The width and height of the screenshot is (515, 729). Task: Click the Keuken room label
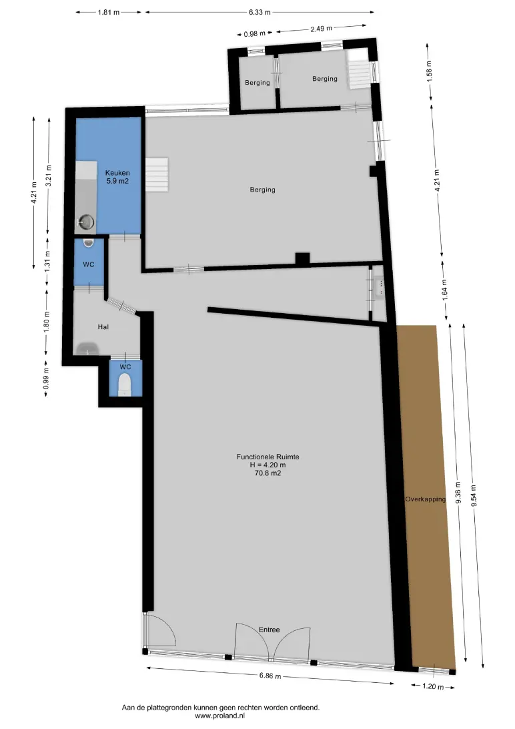coord(117,173)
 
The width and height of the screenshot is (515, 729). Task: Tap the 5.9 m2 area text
coord(117,181)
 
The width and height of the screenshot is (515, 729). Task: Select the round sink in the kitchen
coord(86,222)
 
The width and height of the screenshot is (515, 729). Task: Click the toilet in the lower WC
coord(125,385)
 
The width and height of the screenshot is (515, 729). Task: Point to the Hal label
coord(103,327)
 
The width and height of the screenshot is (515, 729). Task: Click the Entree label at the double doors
coord(270,630)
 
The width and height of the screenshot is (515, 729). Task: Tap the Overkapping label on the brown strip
coord(426,499)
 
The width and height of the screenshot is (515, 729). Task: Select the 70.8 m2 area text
coord(268,473)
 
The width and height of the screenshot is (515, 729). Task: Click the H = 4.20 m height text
coord(268,465)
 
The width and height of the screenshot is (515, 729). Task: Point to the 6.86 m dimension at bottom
coord(271,676)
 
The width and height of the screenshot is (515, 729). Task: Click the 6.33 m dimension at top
coord(260,12)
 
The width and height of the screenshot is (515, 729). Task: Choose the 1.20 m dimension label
coord(433,686)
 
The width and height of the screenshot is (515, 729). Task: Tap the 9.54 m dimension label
coord(473,495)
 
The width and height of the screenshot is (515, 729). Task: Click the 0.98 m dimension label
coord(254,33)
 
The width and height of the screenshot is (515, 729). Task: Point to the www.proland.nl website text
coord(219,716)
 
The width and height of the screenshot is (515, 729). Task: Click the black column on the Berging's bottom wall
coord(302,258)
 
